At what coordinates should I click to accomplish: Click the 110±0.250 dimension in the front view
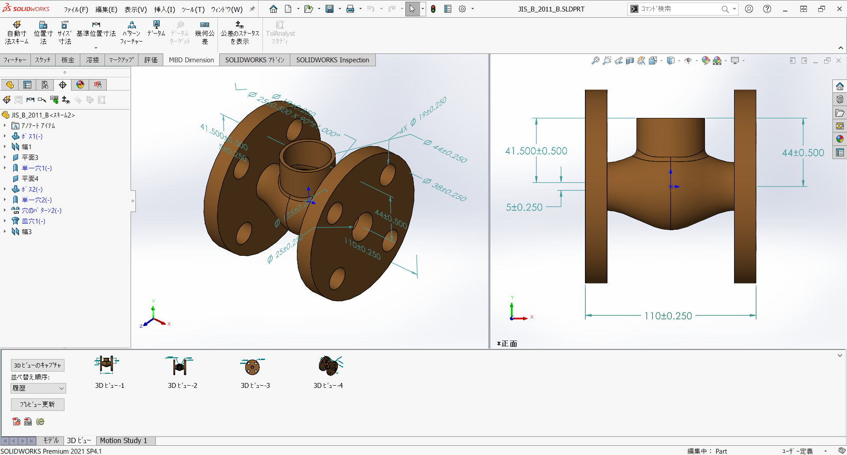pos(668,316)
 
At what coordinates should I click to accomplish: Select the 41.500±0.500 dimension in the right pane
pos(536,151)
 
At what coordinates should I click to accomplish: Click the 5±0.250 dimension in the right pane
pos(524,207)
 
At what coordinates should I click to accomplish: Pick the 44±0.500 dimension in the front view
pos(803,153)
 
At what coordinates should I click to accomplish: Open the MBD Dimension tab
pos(191,60)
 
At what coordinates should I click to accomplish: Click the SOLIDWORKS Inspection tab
pos(332,60)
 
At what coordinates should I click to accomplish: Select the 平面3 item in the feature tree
pos(30,158)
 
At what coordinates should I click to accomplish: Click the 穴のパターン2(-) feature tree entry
pos(41,211)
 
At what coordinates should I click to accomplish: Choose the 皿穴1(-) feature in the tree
pos(34,221)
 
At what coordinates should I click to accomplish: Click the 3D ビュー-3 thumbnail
pos(252,366)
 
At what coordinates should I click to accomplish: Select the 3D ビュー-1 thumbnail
pos(107,365)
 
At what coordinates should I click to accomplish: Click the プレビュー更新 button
pos(37,405)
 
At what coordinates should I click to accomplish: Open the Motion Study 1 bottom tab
pos(123,440)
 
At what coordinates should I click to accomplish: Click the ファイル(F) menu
pos(76,9)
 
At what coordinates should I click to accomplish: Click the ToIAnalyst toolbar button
pos(280,33)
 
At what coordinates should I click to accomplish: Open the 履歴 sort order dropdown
pos(38,388)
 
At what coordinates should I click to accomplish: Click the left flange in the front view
pos(596,186)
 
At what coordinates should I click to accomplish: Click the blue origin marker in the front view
pos(671,186)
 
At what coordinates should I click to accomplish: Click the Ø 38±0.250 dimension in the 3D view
pos(445,190)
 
